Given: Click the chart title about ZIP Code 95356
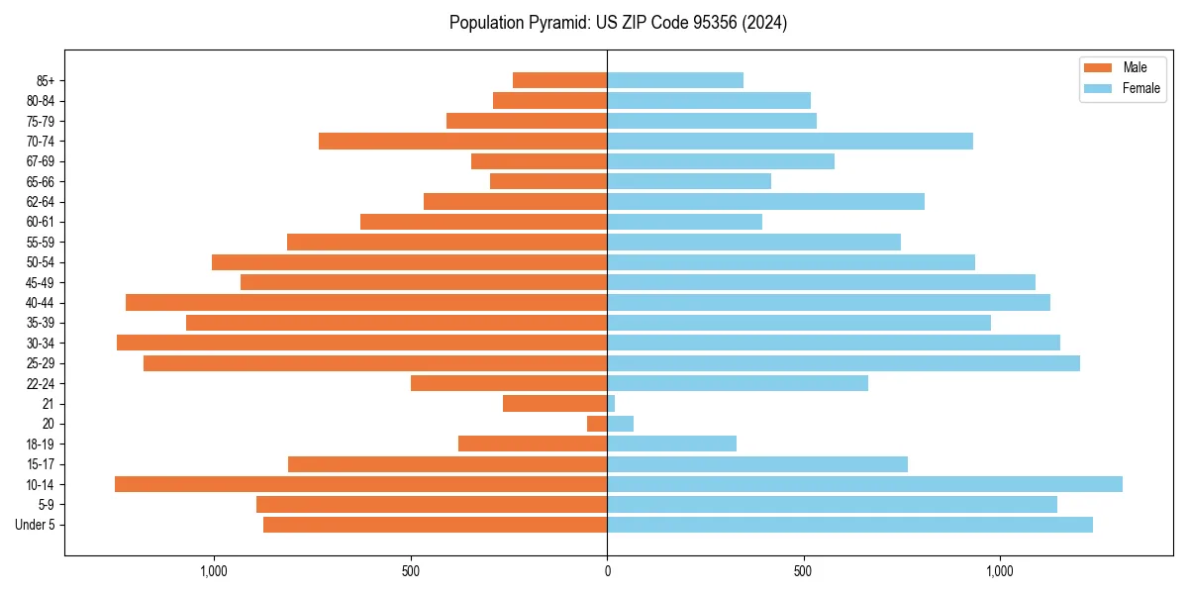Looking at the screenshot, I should [618, 23].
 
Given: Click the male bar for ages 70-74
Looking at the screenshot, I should [462, 142].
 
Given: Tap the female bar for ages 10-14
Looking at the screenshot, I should [864, 484].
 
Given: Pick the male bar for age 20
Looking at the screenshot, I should [597, 424].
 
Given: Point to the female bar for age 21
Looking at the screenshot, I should [611, 404].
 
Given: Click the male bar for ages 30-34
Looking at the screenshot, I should [361, 343].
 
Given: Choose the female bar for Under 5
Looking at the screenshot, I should [849, 525].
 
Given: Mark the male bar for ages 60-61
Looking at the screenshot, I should [483, 222].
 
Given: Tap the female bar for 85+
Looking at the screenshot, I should [675, 80].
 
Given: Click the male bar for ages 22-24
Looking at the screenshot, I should [509, 383].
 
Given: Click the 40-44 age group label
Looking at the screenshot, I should [41, 303].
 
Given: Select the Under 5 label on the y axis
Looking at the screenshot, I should [36, 525].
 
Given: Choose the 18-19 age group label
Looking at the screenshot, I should [41, 444].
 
